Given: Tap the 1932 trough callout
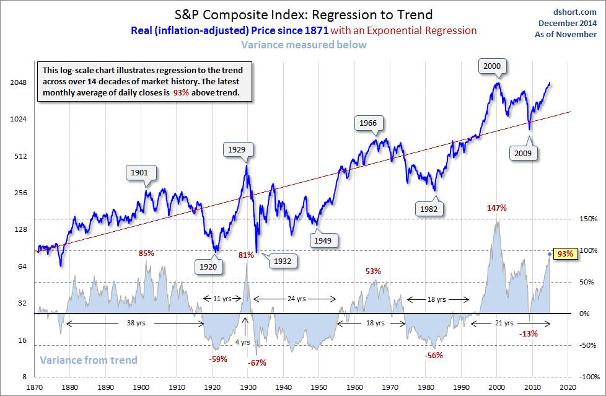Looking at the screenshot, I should (282, 261).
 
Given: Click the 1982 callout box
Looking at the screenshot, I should (428, 209).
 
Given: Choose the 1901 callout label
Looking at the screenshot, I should (141, 173).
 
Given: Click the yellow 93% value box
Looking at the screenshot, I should (564, 253).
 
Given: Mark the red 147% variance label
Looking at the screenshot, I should (496, 208).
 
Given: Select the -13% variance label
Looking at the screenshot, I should (529, 333).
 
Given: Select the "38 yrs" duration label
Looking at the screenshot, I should (135, 323).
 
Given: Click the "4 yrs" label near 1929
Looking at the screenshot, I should (245, 341).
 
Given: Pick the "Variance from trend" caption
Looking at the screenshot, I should (88, 360).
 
